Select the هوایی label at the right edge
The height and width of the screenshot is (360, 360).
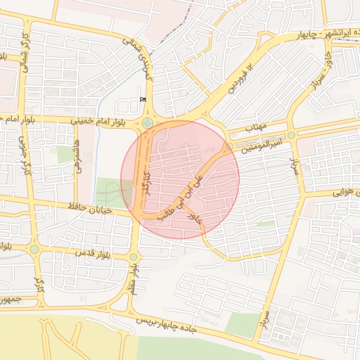(x=345, y=191)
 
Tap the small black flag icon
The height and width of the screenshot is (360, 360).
(x=144, y=99)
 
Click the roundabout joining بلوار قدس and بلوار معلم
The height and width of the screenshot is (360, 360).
(x=134, y=257)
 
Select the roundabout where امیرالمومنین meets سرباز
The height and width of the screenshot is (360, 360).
(x=291, y=135)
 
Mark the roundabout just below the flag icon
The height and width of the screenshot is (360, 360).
(x=147, y=124)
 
